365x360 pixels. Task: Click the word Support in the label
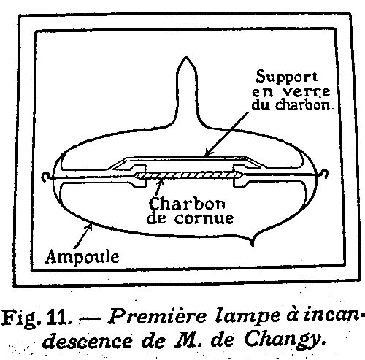click(287, 77)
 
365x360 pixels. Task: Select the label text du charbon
click(291, 104)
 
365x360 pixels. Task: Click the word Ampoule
click(82, 258)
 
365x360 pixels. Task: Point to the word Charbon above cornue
click(187, 204)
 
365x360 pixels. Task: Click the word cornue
click(204, 218)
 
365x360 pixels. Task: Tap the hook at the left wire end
click(45, 177)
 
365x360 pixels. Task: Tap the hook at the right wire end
click(325, 174)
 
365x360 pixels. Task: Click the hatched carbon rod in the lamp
click(188, 175)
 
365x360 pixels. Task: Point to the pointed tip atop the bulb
click(186, 58)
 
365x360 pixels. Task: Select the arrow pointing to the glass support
click(226, 134)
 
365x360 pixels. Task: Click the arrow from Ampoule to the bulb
click(83, 236)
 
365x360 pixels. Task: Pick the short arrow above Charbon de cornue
click(158, 188)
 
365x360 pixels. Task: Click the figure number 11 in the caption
click(57, 317)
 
